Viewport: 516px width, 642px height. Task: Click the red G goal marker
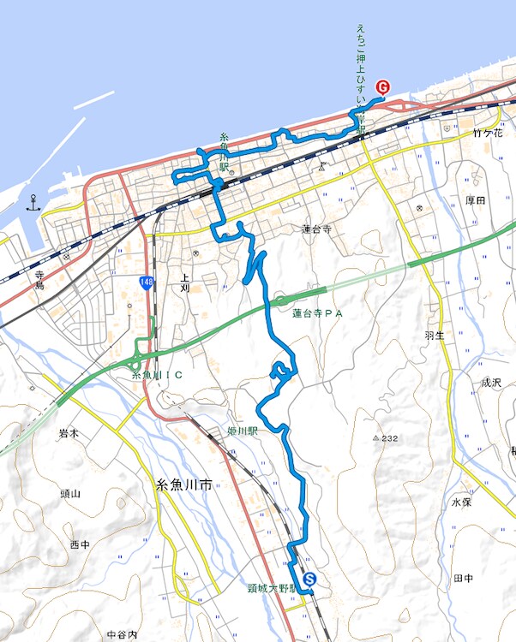point(383,86)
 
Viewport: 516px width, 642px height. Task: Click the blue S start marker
point(309,580)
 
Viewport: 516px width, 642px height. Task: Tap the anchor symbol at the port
point(33,203)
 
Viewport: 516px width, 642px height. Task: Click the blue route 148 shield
point(148,282)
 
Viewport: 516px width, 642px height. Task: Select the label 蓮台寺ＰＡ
point(317,314)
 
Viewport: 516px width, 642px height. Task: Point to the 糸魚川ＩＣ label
point(159,375)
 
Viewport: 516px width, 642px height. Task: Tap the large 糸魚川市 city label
point(184,484)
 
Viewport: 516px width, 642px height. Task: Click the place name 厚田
point(475,200)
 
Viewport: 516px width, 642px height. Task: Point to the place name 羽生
point(435,336)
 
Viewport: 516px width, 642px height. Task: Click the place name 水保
point(461,502)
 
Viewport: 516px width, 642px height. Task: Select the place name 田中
point(464,579)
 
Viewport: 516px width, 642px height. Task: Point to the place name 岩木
point(69,433)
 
